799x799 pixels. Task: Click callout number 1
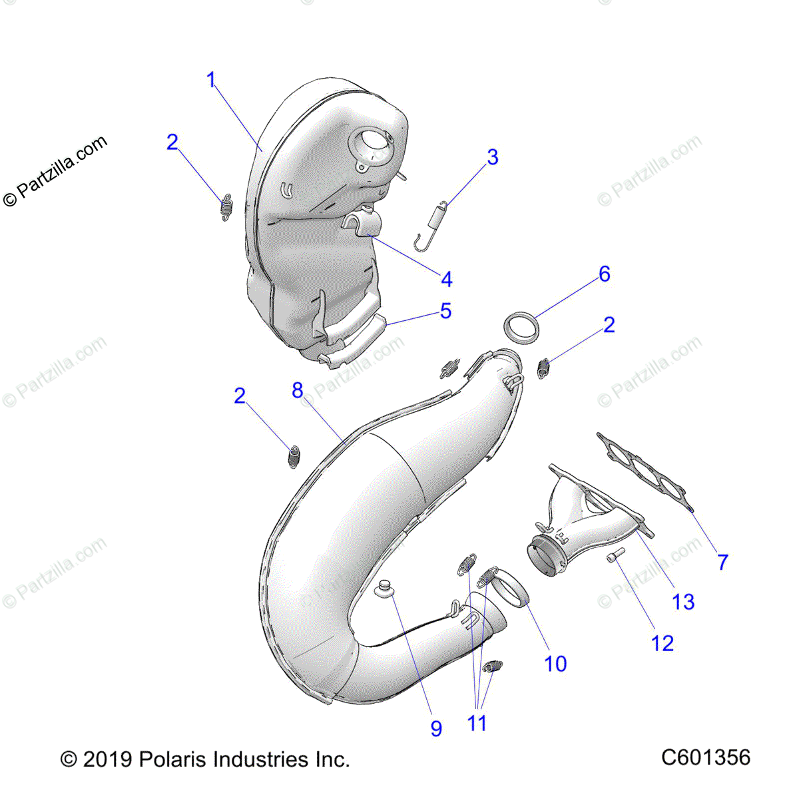tap(211, 81)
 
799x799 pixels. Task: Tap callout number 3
tap(492, 158)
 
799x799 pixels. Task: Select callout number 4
tap(446, 280)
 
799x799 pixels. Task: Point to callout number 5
tap(445, 311)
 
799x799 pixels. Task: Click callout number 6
tap(604, 274)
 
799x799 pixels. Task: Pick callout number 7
tap(722, 562)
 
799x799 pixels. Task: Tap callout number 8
tap(298, 390)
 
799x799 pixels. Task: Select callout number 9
tap(436, 728)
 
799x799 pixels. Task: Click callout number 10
tap(555, 663)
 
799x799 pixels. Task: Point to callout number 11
tap(477, 722)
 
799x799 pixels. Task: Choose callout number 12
tap(662, 643)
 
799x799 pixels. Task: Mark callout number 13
tap(683, 602)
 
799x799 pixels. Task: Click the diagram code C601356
tap(706, 758)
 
